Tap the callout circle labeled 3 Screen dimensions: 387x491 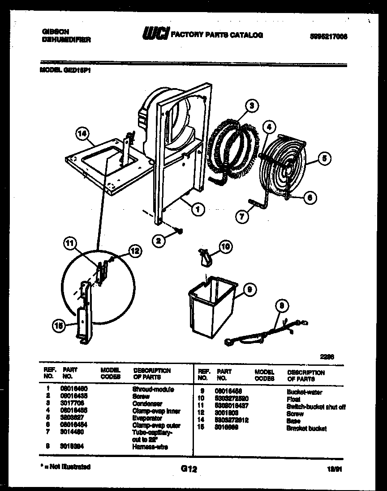coord(252,106)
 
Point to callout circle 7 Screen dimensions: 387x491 coord(242,216)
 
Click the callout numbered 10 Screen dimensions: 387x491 coord(225,246)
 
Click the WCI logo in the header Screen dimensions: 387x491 coord(155,34)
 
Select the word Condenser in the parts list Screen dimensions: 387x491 coord(145,404)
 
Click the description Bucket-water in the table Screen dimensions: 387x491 coord(304,392)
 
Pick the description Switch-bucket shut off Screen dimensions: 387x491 coord(316,407)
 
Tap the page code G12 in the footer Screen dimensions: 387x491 coord(189,469)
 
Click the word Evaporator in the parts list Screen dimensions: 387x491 coord(146,418)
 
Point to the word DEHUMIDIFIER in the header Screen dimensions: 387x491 coord(66,39)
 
